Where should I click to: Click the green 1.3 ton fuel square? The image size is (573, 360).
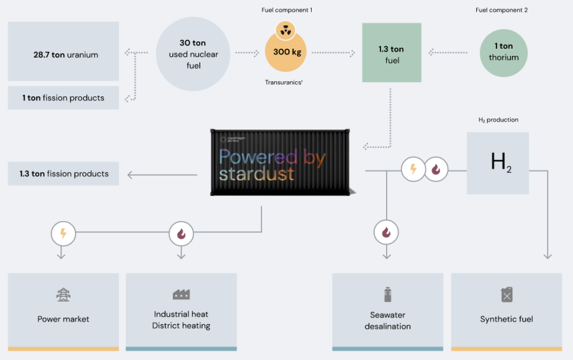[392, 53]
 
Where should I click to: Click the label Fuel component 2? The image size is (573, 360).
[501, 10]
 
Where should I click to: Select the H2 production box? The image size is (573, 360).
[497, 163]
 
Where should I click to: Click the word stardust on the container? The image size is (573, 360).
[256, 174]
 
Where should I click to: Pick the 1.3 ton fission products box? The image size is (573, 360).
[63, 174]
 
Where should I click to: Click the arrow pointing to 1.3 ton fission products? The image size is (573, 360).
[162, 175]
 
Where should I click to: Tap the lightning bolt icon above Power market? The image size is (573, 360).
[63, 233]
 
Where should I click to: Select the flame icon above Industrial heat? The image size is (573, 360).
[181, 233]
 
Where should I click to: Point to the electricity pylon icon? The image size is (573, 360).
[63, 295]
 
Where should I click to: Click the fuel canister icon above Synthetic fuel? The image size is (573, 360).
[506, 294]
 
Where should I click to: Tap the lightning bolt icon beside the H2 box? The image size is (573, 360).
[414, 169]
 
